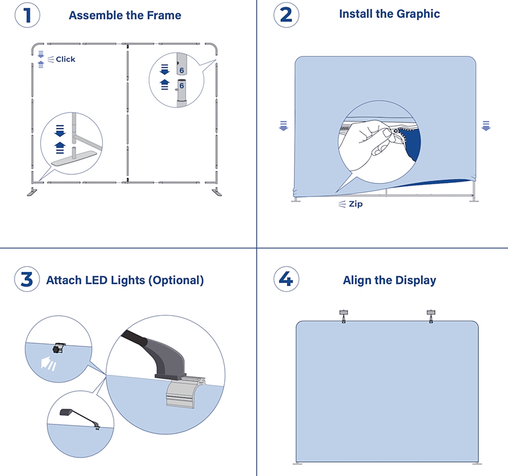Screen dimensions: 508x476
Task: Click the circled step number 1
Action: [x=27, y=15]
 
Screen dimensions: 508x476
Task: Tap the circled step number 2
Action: [x=286, y=15]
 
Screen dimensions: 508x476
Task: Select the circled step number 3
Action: [x=27, y=279]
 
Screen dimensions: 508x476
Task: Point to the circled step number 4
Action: [x=286, y=279]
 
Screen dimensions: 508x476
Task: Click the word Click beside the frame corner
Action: [x=65, y=59]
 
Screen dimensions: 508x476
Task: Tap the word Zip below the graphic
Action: [x=356, y=204]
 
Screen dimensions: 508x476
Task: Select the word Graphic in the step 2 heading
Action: [x=418, y=14]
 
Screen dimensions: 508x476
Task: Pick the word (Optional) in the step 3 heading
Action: [x=177, y=280]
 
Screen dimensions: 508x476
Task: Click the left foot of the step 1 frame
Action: [x=32, y=192]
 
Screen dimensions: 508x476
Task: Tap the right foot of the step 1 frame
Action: [x=217, y=192]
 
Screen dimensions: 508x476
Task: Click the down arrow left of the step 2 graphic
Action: [x=283, y=126]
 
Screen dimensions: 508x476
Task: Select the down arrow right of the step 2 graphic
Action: [x=486, y=126]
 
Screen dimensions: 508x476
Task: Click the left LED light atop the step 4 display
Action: [x=344, y=316]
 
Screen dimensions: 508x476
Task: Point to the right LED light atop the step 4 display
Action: [x=431, y=316]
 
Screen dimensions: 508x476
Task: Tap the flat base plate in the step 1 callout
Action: [x=74, y=158]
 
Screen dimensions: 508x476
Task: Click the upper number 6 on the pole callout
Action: [x=182, y=71]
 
